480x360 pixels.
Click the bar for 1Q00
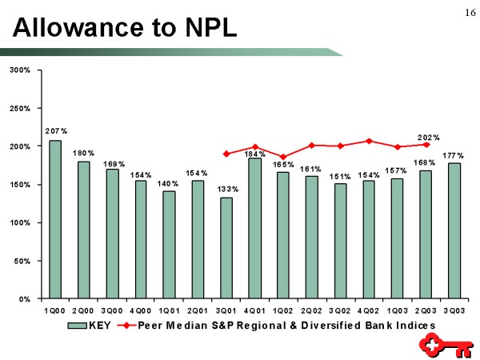pos(54,219)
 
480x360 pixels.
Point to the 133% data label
pos(228,189)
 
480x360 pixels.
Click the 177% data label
pos(455,154)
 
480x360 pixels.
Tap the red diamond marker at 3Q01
pos(226,154)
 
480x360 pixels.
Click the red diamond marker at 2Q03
pos(426,145)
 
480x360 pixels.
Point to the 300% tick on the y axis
pos(20,70)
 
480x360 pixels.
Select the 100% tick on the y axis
pos(20,222)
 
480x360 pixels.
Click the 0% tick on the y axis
pos(25,298)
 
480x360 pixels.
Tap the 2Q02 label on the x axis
pos(312,310)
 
